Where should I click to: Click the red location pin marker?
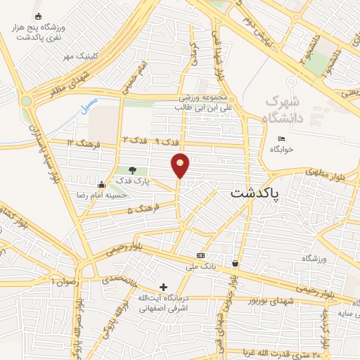pyautogui.click(x=181, y=166)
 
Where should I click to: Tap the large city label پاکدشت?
pyautogui.click(x=255, y=194)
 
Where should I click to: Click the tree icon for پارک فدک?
pyautogui.click(x=132, y=170)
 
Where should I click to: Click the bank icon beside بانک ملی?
pyautogui.click(x=201, y=255)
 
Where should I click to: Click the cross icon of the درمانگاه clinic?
pyautogui.click(x=164, y=286)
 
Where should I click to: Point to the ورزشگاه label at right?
pyautogui.click(x=314, y=259)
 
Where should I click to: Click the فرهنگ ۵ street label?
pyautogui.click(x=144, y=209)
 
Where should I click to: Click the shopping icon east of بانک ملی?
pyautogui.click(x=235, y=264)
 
